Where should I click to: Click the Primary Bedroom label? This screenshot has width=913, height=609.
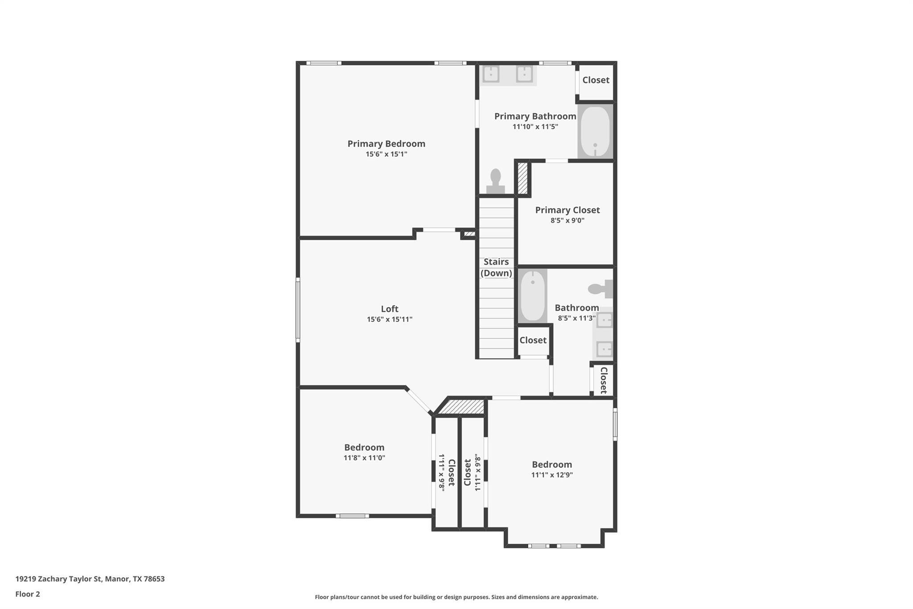(386, 144)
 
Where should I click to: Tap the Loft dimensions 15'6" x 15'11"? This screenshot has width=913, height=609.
(389, 319)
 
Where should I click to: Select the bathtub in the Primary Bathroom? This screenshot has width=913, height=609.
(595, 131)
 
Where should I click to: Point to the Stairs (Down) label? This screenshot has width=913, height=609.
(496, 267)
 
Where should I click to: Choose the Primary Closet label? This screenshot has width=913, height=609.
(567, 210)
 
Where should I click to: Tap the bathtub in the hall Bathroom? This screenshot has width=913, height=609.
(532, 296)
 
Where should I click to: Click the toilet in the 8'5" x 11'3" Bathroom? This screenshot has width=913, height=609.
(600, 289)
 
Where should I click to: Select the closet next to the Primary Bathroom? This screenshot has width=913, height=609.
(596, 80)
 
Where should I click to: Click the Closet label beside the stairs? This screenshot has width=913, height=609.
(533, 340)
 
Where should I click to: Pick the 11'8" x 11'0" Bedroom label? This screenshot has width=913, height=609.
(364, 447)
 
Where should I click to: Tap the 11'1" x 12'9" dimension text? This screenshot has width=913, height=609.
(551, 475)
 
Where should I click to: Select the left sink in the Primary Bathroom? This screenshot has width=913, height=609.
(491, 74)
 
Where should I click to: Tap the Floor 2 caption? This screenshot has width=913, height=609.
(28, 594)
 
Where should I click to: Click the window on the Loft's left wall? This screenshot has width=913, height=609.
(298, 310)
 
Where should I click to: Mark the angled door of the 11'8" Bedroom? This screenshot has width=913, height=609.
(419, 401)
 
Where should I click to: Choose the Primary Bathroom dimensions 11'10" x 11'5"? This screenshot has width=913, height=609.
(535, 127)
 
